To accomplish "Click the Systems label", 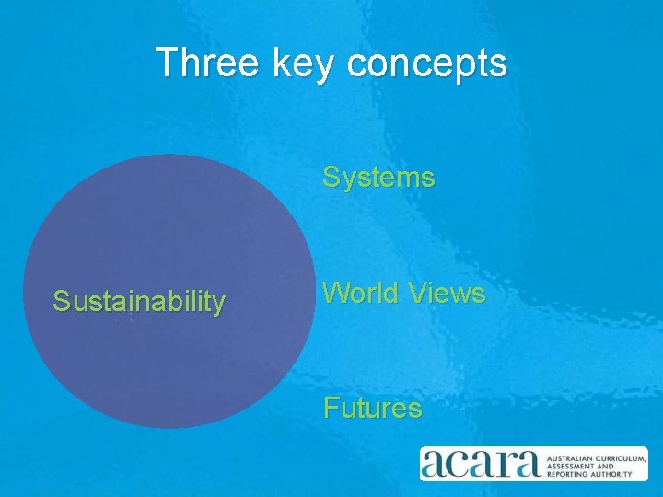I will pyautogui.click(x=378, y=177).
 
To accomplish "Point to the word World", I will pyautogui.click(x=360, y=294).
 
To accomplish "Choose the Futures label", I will pyautogui.click(x=372, y=408).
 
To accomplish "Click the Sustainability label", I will pyautogui.click(x=139, y=301).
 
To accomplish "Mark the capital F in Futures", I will pyautogui.click(x=330, y=408).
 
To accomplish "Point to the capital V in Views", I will pyautogui.click(x=417, y=294).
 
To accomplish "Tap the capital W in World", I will pyautogui.click(x=335, y=294).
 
